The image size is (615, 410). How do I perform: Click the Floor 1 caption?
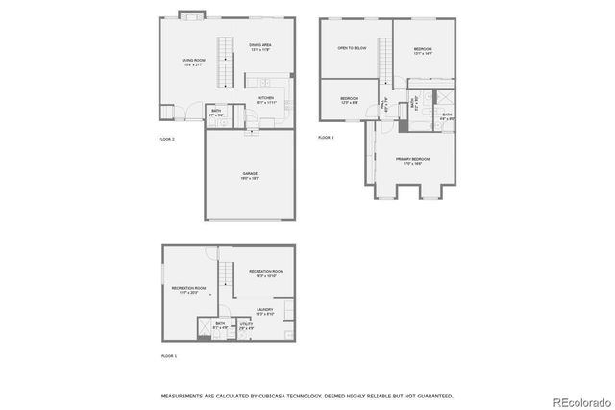(x=168, y=356)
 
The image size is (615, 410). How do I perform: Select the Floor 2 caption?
(x=166, y=140)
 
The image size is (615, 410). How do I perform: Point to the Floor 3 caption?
(x=327, y=139)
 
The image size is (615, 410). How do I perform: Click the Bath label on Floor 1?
(x=220, y=325)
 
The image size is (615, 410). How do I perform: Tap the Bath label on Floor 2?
(x=217, y=113)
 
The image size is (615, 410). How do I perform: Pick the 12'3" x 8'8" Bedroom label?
(x=349, y=100)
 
